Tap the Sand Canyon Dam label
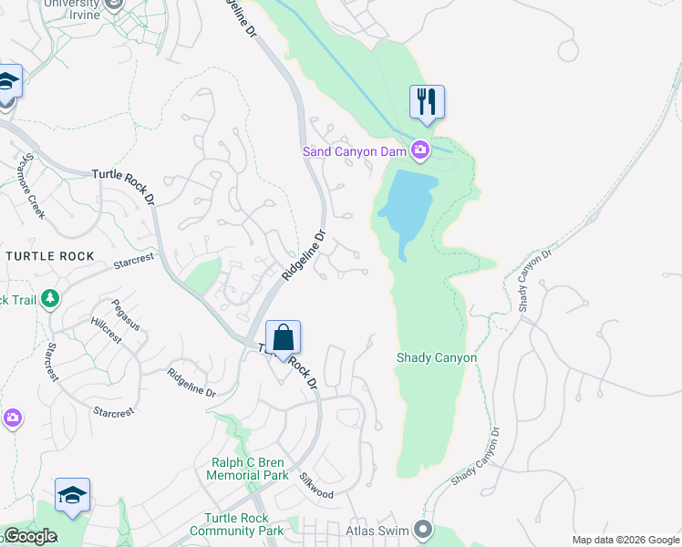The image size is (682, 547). click(354, 151)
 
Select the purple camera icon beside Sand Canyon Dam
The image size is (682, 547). click(419, 150)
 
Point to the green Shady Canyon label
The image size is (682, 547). click(436, 358)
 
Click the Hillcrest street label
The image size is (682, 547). click(106, 330)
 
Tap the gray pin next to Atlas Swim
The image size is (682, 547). click(421, 529)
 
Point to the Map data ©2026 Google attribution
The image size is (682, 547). click(625, 540)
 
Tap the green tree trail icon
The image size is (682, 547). click(49, 298)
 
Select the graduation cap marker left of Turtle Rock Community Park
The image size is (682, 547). click(72, 495)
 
